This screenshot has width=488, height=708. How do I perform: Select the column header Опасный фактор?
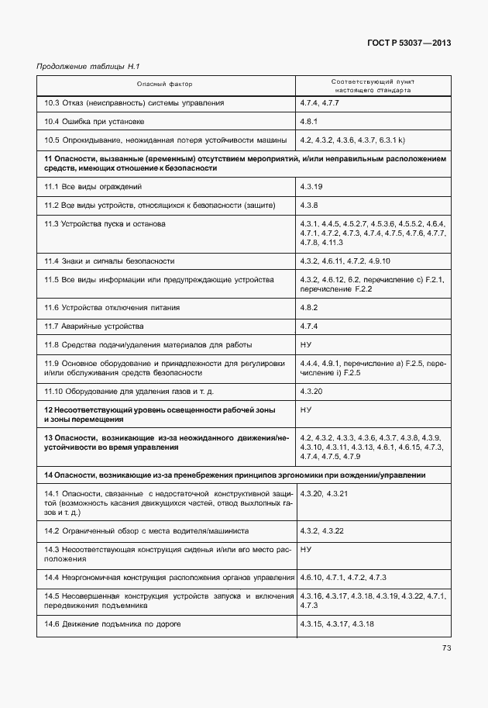pos(165,84)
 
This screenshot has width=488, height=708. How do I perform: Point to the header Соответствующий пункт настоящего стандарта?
pos(372,85)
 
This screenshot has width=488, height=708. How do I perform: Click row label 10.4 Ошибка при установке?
pos(94,121)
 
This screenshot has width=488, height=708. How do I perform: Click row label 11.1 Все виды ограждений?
pos(93,187)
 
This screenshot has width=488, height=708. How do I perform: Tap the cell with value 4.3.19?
pos(311,187)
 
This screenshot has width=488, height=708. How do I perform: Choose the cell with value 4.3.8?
pos(309,205)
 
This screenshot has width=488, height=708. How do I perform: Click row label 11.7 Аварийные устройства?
pos(94,326)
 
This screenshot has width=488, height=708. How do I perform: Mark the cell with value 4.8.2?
pos(310,308)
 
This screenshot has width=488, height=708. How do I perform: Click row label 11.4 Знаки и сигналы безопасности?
pos(108,261)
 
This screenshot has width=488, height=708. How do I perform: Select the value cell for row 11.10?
pos(311,392)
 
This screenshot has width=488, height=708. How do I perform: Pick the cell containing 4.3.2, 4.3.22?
pos(321,530)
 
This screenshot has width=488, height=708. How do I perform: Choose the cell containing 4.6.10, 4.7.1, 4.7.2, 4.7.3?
pos(342,578)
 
